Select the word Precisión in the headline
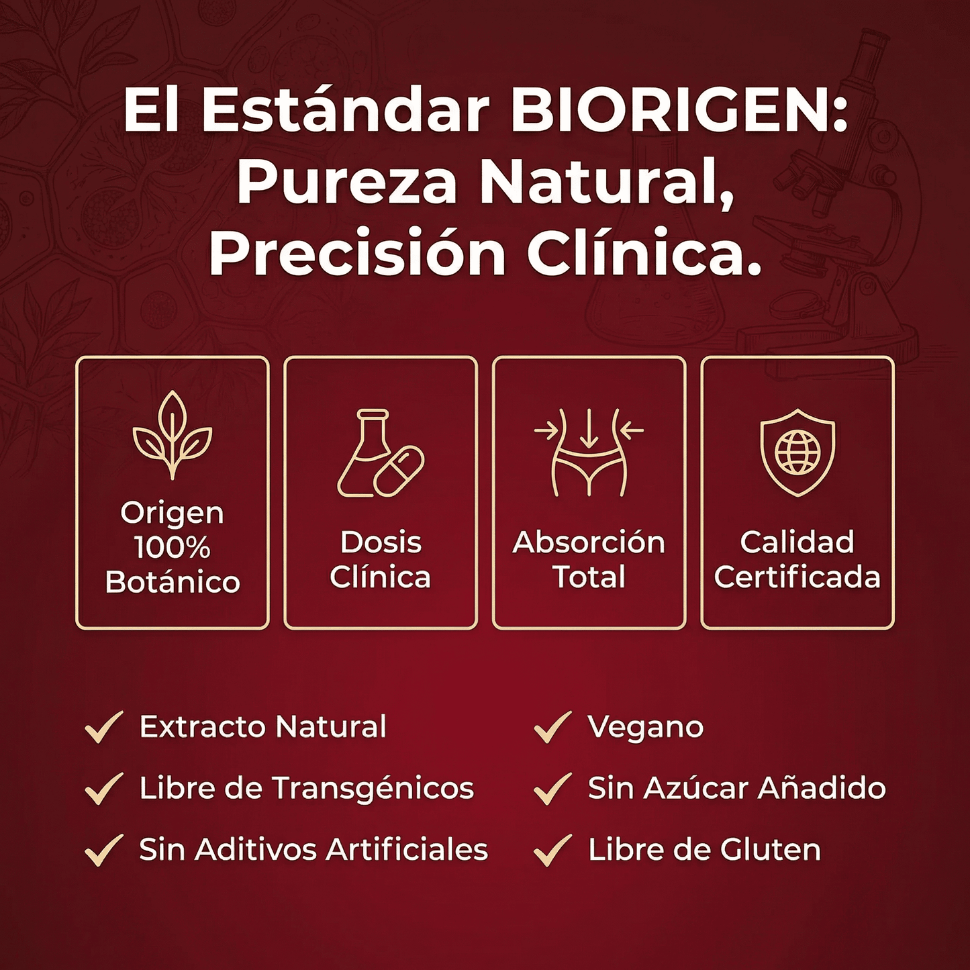(356, 255)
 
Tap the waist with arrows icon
(589, 452)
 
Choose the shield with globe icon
(797, 452)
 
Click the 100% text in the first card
(173, 547)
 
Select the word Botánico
(173, 582)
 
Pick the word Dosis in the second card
(381, 542)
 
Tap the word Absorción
(589, 542)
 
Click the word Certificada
(797, 577)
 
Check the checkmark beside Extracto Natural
(104, 727)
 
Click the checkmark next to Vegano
(552, 727)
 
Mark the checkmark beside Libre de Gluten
(552, 850)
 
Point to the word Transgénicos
(373, 789)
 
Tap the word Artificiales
(407, 850)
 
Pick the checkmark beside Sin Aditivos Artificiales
(104, 850)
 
